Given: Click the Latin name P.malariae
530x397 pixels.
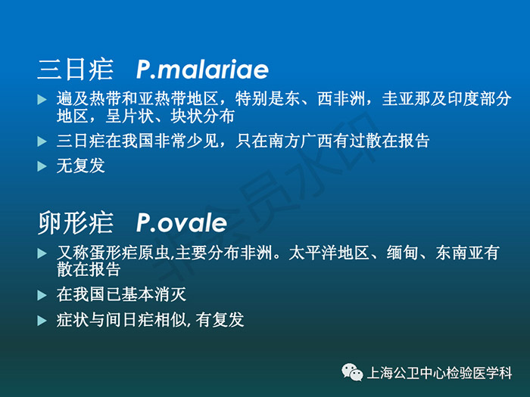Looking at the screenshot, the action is [202, 70].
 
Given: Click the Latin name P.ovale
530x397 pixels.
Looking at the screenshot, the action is [182, 223].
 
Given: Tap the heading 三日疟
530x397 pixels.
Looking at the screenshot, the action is [75, 70].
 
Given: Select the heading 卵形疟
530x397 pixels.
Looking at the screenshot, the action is [75, 223].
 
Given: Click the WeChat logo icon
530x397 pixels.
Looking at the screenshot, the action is [352, 372].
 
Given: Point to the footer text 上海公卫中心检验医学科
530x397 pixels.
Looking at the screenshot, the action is [439, 373].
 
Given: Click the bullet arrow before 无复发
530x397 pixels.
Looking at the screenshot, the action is [42, 166].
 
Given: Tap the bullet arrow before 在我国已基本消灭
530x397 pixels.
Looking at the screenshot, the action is [42, 295].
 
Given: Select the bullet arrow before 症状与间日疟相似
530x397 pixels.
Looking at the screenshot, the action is [42, 321].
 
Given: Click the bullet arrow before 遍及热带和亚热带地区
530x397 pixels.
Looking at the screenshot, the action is [42, 99].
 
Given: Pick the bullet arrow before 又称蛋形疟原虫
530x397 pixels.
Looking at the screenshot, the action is [42, 253].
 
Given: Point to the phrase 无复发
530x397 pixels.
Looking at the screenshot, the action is [81, 166].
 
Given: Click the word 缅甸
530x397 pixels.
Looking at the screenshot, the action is [403, 253].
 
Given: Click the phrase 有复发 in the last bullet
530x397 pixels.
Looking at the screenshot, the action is [220, 320].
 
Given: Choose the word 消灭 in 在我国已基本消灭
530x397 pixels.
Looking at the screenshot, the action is [170, 294].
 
